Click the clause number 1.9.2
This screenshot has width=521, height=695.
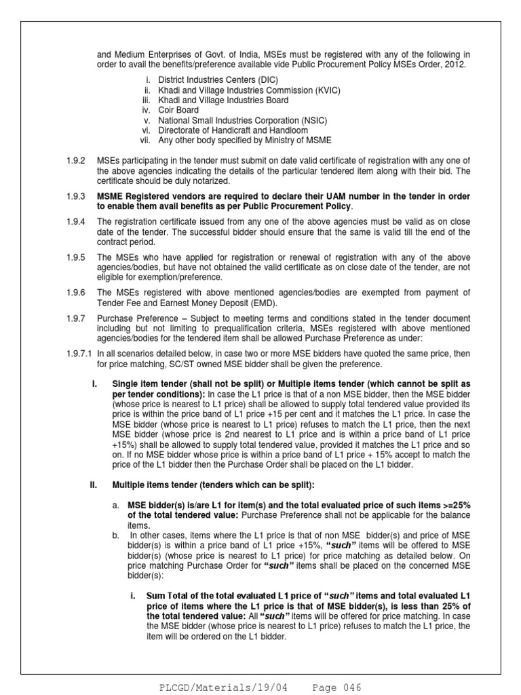[70, 160]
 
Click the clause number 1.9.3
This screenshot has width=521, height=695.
[70, 196]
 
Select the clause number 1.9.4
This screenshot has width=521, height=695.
[70, 222]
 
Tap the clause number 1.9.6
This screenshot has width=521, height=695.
[70, 293]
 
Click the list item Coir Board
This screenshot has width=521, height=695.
[179, 110]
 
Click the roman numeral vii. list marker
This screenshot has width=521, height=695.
[146, 140]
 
